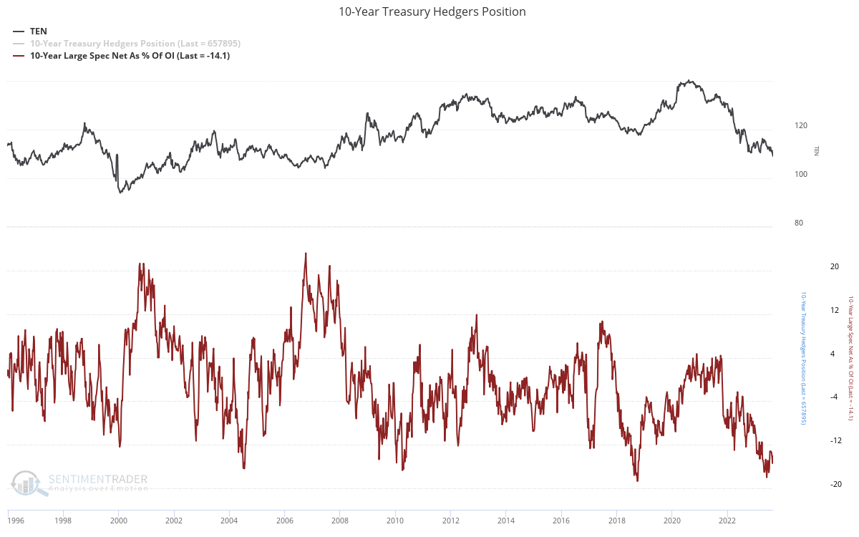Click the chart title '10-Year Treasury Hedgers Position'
point(432,11)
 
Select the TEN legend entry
point(38,31)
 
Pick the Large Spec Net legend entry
point(130,55)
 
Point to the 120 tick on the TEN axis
point(800,125)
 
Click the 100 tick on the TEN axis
point(800,174)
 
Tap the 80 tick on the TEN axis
point(798,223)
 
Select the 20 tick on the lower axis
point(834,266)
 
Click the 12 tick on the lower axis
point(834,310)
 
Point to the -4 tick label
point(834,397)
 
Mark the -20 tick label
point(834,484)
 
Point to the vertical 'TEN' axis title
point(817,150)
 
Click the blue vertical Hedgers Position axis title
point(803,369)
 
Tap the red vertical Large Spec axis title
point(850,369)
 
